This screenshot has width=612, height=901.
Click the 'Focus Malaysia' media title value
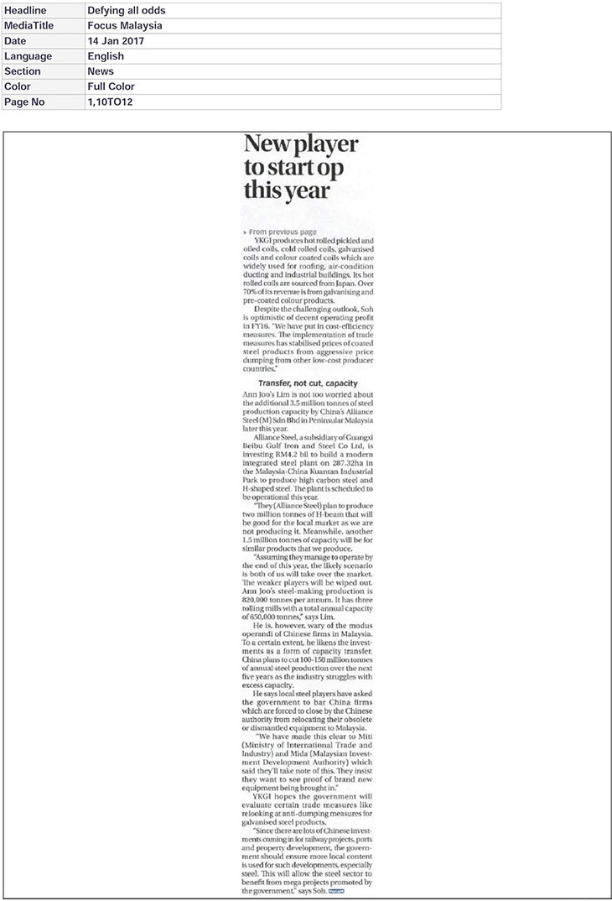tap(125, 26)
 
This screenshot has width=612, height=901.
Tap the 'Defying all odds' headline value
tap(126, 11)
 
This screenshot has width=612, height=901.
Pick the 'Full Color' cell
tap(111, 86)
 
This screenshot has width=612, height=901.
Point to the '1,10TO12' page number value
tap(110, 102)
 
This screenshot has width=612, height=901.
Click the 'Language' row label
tap(28, 56)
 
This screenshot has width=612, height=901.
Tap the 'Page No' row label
tap(25, 102)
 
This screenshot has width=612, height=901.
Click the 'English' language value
tap(106, 56)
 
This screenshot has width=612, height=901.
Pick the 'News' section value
tap(101, 71)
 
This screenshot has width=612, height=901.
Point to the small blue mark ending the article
tap(337, 892)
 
